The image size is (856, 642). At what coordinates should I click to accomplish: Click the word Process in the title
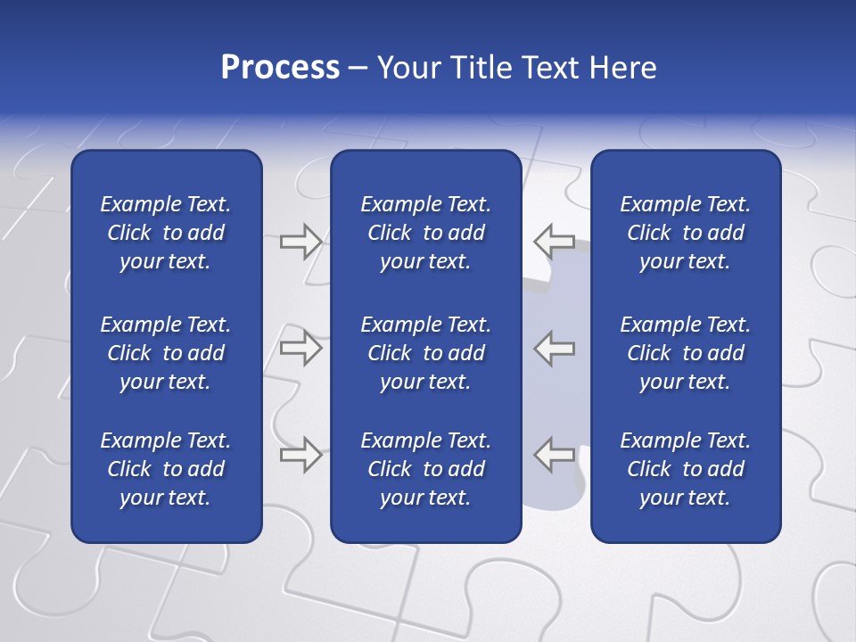(280, 68)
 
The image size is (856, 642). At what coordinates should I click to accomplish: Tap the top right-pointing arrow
(300, 241)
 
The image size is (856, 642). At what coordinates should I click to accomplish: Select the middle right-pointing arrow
(300, 348)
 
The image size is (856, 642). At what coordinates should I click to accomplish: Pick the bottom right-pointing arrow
(300, 455)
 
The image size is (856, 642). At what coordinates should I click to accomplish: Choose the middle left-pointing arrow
(555, 348)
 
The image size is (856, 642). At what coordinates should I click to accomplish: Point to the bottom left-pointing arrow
(555, 455)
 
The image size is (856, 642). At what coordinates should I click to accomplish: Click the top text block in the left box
(166, 233)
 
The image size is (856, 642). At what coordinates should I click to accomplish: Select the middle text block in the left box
(166, 353)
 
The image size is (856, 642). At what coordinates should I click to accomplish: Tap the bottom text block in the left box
(166, 469)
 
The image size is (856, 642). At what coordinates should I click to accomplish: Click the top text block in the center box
(425, 233)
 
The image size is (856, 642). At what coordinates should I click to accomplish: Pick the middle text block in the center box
(425, 353)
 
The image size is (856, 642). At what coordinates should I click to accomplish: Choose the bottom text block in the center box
(425, 469)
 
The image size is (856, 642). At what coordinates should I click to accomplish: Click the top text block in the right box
(685, 233)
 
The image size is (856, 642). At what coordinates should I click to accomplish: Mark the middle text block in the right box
(685, 353)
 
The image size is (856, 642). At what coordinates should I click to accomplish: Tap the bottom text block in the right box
(685, 469)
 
